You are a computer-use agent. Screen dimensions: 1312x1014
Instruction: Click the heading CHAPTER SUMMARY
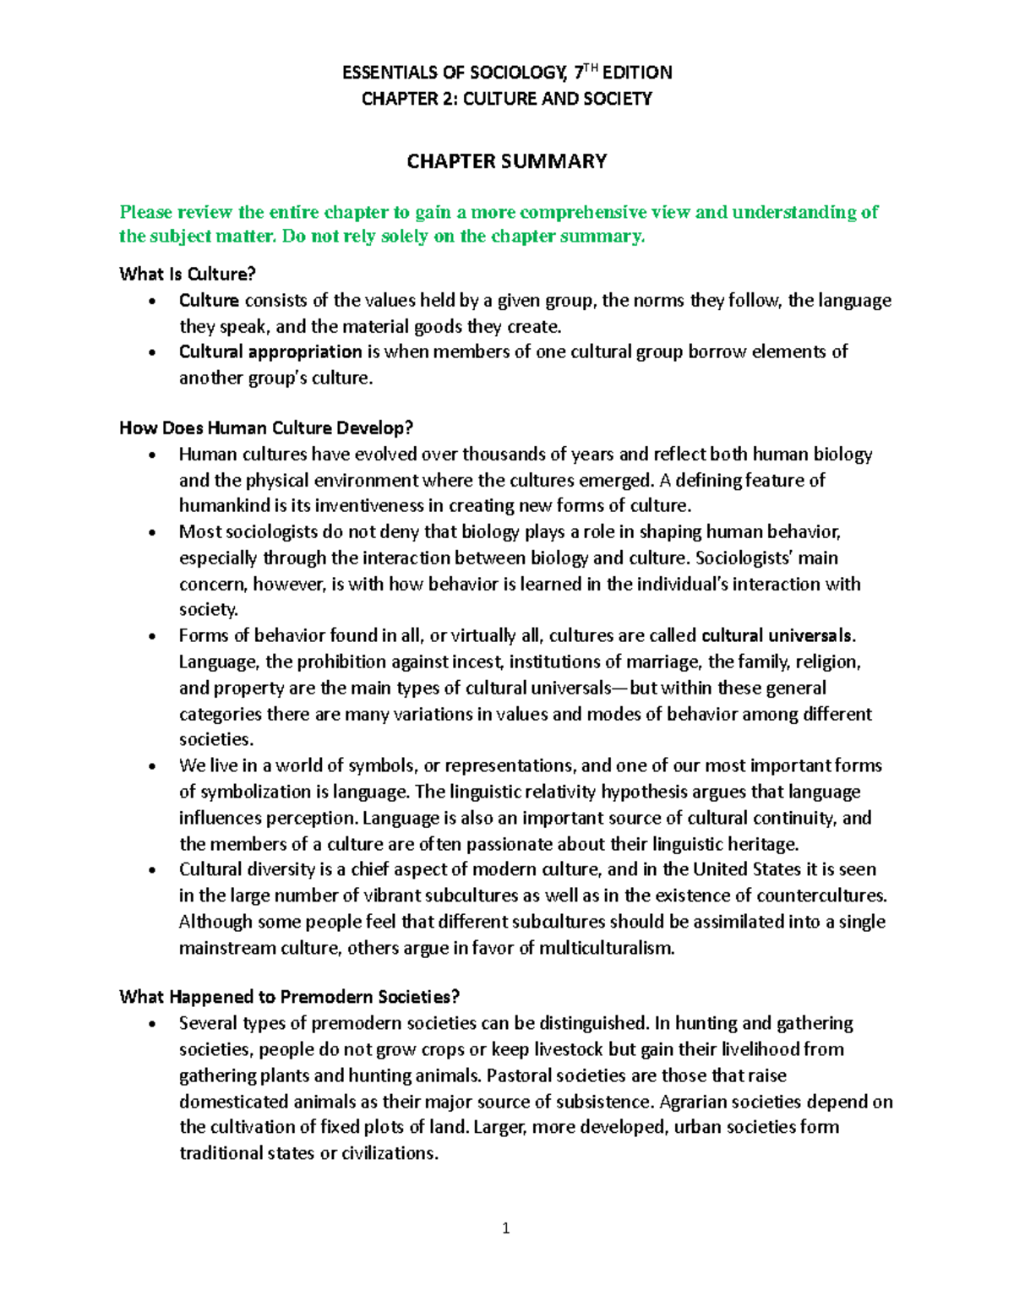tap(506, 161)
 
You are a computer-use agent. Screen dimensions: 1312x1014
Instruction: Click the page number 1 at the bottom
tap(505, 1228)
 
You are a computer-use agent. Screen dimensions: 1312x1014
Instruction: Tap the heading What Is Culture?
tap(187, 274)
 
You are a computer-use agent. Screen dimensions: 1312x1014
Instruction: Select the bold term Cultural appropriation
tap(270, 351)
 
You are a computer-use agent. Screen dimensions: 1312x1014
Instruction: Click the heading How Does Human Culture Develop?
tap(266, 427)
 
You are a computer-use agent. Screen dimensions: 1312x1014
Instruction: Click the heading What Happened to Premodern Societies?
tap(290, 997)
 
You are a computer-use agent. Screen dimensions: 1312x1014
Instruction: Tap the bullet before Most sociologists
tap(151, 533)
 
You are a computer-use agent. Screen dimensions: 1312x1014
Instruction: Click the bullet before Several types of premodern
tap(151, 1025)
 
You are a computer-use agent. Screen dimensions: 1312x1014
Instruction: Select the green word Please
tap(145, 212)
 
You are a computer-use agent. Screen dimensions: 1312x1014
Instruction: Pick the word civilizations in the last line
tap(390, 1153)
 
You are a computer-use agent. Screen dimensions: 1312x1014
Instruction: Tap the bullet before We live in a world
tap(151, 767)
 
